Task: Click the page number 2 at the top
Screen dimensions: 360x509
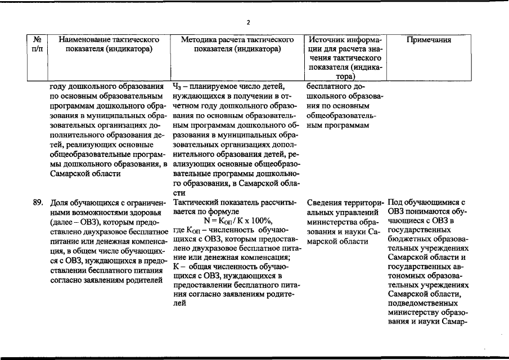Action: pyautogui.click(x=247, y=22)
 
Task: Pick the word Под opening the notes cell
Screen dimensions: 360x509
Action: pyautogui.click(x=395, y=202)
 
